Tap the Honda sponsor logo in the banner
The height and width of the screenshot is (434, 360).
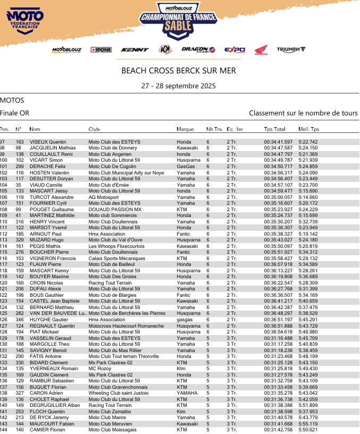[x=261, y=50]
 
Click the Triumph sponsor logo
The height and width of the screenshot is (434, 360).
[x=291, y=49]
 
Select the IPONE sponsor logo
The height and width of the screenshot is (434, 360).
[x=101, y=49]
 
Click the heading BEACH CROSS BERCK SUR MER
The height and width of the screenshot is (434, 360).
[x=179, y=70]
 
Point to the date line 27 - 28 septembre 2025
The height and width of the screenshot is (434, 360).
[x=179, y=86]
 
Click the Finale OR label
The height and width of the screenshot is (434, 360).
[x=15, y=113]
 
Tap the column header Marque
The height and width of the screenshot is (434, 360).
[x=185, y=129]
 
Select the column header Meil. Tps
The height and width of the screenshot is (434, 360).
[x=309, y=129]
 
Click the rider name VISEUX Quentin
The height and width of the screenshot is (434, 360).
[x=48, y=142]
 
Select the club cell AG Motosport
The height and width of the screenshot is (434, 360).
[x=104, y=197]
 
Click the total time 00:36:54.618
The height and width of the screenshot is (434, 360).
[x=278, y=332]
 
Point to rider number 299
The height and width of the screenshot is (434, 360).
[x=20, y=166]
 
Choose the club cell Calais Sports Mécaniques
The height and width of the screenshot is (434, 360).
[x=116, y=258]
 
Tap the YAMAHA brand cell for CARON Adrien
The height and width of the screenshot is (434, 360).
[x=187, y=393]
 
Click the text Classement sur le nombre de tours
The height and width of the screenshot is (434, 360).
[x=303, y=113]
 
